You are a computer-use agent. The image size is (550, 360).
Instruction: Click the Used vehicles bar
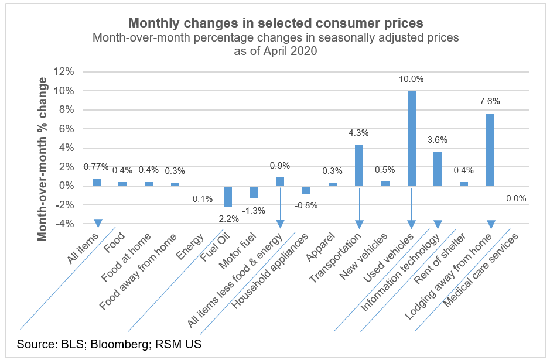click(412, 138)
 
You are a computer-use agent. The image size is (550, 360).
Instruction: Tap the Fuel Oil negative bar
click(228, 197)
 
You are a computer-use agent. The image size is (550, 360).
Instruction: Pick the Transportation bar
click(359, 165)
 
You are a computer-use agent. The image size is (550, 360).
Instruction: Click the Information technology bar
click(438, 169)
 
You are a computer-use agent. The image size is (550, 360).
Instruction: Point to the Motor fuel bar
click(254, 192)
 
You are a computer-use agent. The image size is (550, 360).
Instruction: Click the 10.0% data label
click(412, 79)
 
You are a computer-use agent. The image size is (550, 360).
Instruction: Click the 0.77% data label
click(97, 167)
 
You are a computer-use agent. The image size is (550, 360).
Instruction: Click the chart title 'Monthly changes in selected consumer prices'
click(275, 23)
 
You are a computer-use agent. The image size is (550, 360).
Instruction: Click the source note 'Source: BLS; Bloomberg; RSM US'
click(110, 344)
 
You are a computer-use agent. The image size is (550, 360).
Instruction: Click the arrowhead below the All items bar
click(97, 223)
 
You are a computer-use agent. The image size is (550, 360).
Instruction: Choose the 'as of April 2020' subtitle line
click(275, 51)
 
